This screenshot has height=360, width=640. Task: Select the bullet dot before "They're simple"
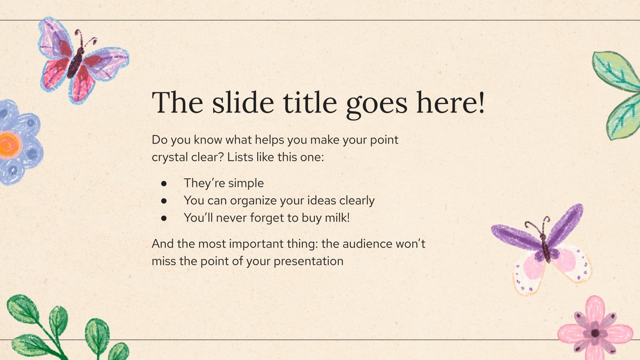pyautogui.click(x=164, y=184)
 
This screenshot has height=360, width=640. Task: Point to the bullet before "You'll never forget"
pyautogui.click(x=164, y=218)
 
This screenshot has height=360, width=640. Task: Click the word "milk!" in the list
pyautogui.click(x=338, y=218)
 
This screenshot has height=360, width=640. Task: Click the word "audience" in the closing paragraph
pyautogui.click(x=367, y=244)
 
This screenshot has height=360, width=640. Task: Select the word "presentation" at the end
pyautogui.click(x=308, y=262)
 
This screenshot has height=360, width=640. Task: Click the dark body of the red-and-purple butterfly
pyautogui.click(x=76, y=63)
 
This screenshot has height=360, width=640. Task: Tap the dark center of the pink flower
pyautogui.click(x=595, y=333)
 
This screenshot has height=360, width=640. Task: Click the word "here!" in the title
pyautogui.click(x=450, y=102)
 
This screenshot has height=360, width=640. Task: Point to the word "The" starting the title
pyautogui.click(x=178, y=102)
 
